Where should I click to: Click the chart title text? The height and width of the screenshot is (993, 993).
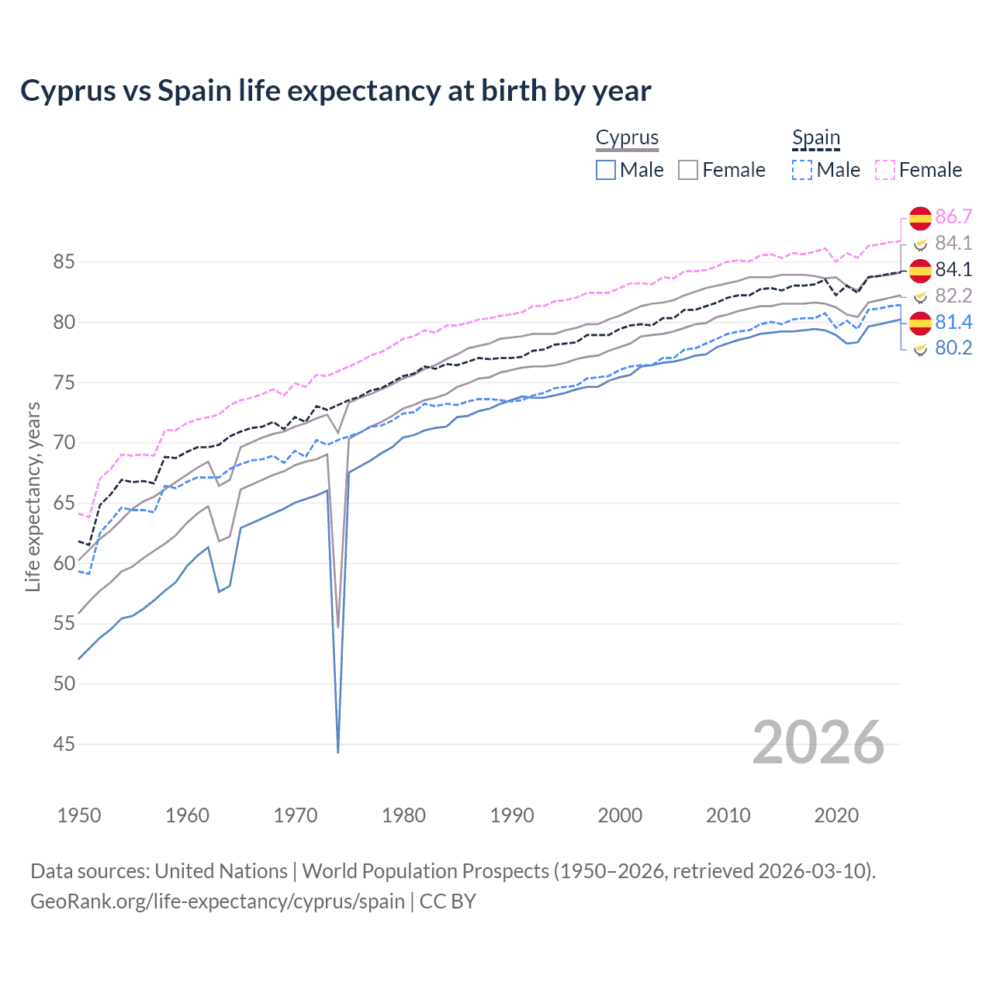(335, 91)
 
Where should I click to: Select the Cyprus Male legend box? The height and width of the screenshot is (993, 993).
(606, 170)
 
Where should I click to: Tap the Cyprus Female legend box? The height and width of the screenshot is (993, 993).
(688, 170)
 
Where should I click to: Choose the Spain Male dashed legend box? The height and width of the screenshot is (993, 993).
(802, 170)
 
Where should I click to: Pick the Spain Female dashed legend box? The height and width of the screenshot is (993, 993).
(885, 170)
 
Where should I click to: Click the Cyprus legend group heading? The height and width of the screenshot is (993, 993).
(627, 138)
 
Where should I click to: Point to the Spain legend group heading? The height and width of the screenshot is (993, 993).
(815, 138)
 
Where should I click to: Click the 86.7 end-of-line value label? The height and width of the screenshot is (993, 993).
(953, 216)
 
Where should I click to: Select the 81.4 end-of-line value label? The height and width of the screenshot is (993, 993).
(953, 322)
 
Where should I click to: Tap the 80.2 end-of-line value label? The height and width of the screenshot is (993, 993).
(953, 348)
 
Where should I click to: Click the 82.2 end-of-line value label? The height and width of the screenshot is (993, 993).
(953, 296)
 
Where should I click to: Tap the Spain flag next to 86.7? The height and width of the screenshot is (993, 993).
(920, 218)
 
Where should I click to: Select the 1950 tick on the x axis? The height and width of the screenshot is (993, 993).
(79, 815)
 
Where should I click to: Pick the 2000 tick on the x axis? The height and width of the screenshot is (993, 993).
(620, 815)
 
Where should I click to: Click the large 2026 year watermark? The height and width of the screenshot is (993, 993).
(818, 742)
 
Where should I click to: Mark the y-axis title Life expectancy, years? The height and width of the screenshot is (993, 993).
(33, 496)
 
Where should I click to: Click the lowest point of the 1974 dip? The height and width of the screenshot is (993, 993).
(338, 752)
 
